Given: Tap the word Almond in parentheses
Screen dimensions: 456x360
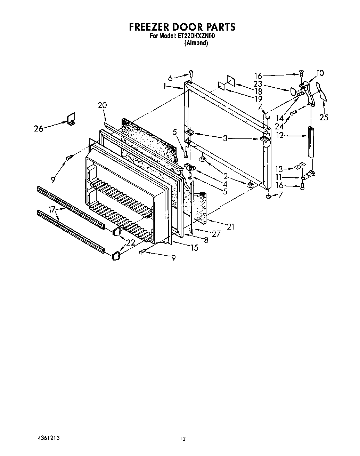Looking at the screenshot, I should pos(196,43).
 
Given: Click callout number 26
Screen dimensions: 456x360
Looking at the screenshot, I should pos(39,129).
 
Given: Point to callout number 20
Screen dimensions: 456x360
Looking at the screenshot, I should pos(102,105).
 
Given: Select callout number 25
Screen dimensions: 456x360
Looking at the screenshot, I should pos(324,117).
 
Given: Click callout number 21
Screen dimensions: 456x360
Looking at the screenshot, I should pos(231,227).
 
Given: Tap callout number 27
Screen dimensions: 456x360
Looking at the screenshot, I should pos(216,234).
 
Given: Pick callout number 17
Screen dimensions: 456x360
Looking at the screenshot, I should pos(52,210).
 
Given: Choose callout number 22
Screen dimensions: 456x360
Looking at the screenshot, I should pos(131,243).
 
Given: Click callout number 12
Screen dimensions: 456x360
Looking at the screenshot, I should pos(280,135).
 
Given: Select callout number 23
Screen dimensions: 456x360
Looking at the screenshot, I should pos(257,84).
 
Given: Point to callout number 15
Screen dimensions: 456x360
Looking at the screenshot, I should pos(194,248).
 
